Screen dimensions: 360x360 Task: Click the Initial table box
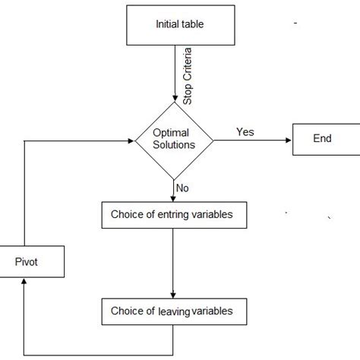180,25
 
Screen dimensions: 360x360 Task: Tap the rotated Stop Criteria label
188,76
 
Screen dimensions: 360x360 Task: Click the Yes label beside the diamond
245,131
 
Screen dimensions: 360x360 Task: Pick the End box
322,140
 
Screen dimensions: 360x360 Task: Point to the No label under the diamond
183,188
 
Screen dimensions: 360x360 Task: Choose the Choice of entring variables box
176,215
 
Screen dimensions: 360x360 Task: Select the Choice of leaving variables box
176,311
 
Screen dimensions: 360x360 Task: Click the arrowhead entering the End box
289,140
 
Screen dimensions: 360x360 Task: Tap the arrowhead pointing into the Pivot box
25,281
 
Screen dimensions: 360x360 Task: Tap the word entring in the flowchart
175,215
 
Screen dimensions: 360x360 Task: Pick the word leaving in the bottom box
174,311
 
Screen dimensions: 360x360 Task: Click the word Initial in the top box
166,25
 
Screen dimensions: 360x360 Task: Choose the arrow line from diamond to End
251,140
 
